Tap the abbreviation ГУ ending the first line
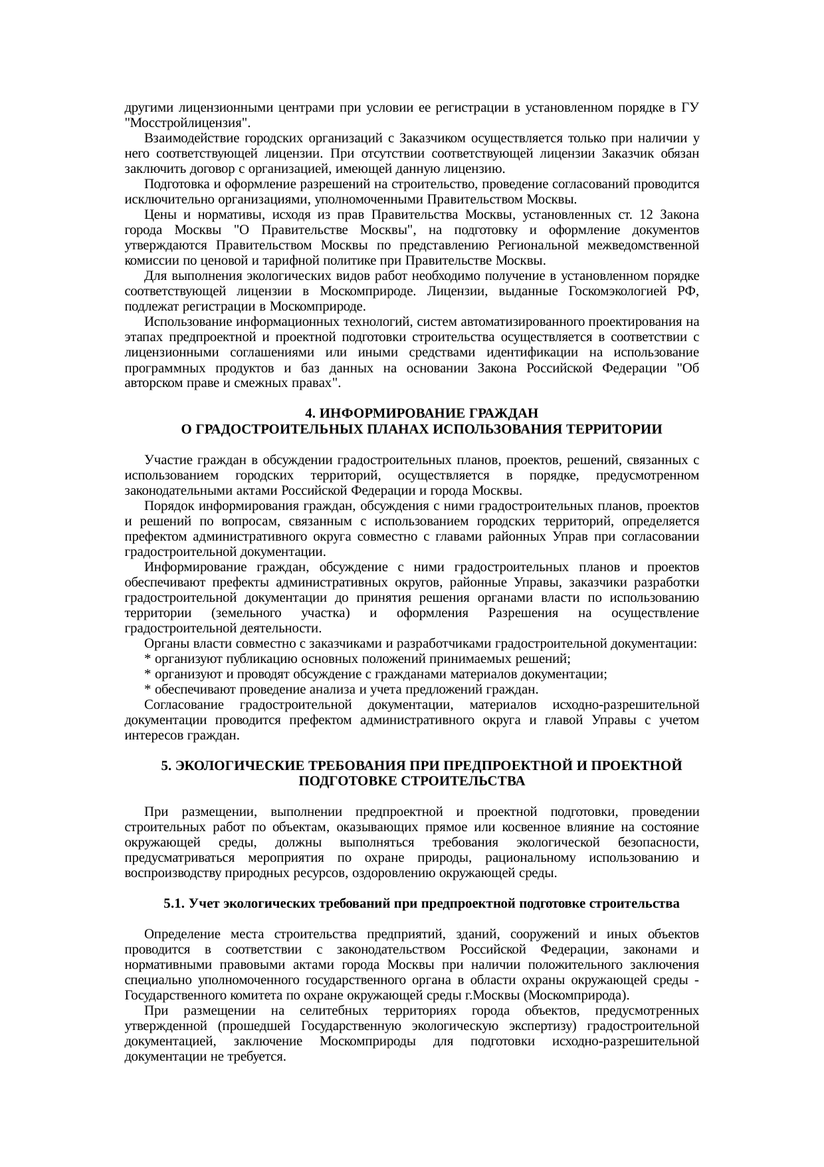(x=690, y=108)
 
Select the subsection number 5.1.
(x=174, y=904)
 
